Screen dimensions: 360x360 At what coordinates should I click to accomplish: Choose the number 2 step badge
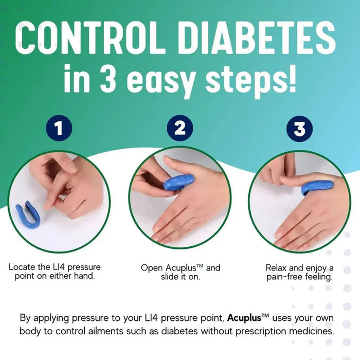[179, 128]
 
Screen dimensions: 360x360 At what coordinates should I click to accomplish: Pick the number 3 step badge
[299, 128]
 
